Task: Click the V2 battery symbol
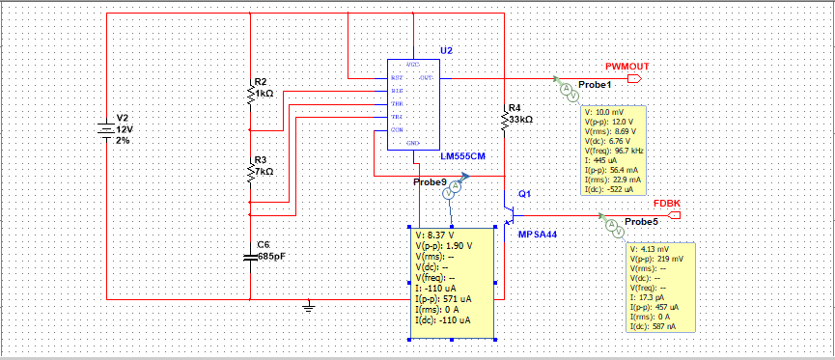(105, 128)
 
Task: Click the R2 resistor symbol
(250, 94)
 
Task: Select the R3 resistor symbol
(250, 171)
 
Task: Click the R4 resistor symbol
(504, 119)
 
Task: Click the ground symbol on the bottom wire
(308, 307)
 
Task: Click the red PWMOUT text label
(626, 65)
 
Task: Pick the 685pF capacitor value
(271, 257)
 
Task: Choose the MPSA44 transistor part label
(538, 235)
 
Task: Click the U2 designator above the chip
(445, 49)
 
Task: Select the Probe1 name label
(595, 86)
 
